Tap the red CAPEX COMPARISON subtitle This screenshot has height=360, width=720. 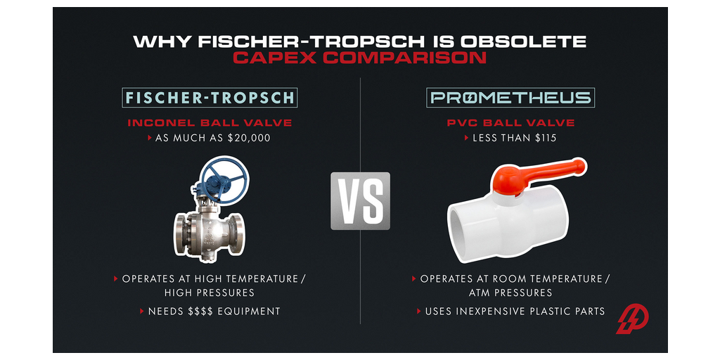coord(359,58)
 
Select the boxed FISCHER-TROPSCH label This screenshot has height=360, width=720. coord(210,97)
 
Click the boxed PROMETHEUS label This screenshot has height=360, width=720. coord(510,97)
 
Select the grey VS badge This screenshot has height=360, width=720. coord(361,200)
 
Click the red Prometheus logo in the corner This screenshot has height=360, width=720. coord(632,320)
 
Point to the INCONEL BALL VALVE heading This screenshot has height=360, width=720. coord(210,123)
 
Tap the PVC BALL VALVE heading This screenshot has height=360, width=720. coord(510,123)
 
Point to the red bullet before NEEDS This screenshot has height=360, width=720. coord(142,311)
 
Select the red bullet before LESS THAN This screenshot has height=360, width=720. coord(467,138)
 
